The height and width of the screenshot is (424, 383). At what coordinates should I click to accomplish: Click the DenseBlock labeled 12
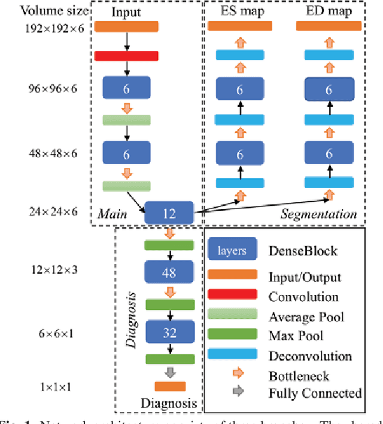169,213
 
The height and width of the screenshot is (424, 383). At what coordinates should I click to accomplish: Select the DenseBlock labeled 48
169,272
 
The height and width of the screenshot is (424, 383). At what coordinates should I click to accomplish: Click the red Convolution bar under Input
126,56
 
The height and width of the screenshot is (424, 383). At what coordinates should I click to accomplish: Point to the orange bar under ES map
239,26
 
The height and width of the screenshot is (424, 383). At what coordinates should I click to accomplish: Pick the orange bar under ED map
329,26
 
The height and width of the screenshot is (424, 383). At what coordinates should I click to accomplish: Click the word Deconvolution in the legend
309,356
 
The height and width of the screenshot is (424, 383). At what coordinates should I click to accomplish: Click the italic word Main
111,214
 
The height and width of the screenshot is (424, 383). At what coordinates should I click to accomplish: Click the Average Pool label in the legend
306,317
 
